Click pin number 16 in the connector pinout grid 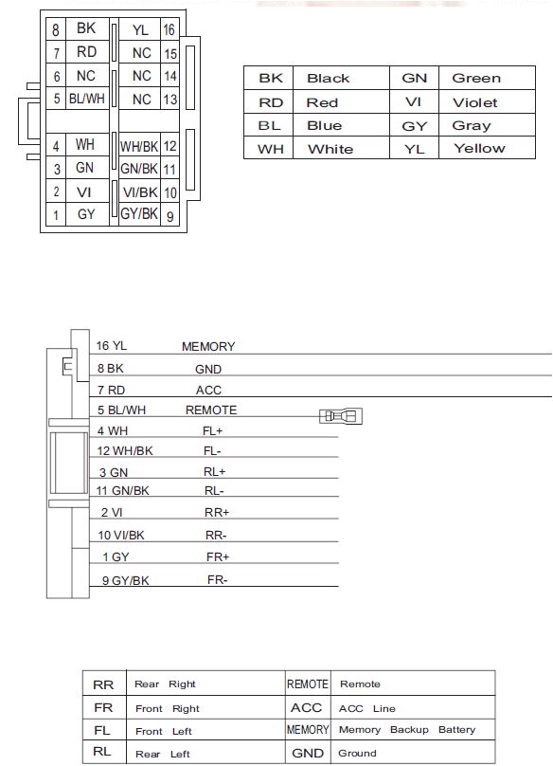point(169,31)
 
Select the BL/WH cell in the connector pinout point(86,99)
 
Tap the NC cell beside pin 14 point(141,76)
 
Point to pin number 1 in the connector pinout point(56,216)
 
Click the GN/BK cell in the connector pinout point(139,169)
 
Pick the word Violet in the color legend point(474,102)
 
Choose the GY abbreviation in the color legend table point(414,125)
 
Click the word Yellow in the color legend point(479,148)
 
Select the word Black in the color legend point(328,79)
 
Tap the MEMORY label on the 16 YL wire point(208,347)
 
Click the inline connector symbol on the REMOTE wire point(342,416)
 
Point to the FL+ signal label point(213,430)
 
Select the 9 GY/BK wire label point(124,581)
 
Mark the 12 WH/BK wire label point(125,450)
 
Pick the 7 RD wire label point(111,390)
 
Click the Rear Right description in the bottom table point(165,684)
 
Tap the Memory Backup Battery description point(406,730)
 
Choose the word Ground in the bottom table point(357,754)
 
